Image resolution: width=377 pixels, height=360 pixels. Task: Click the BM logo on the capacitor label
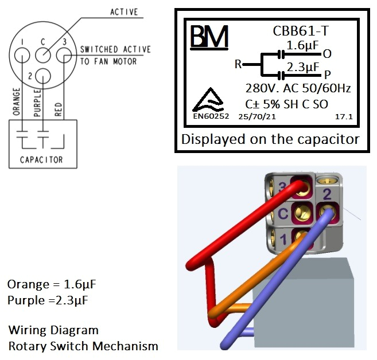[x=209, y=37]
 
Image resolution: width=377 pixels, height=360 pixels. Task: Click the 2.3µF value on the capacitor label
[x=302, y=67]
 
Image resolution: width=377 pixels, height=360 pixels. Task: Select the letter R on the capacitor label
[x=238, y=64]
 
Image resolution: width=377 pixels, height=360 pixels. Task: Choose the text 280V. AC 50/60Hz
[x=298, y=89]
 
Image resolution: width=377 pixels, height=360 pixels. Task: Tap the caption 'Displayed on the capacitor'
[x=270, y=139]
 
